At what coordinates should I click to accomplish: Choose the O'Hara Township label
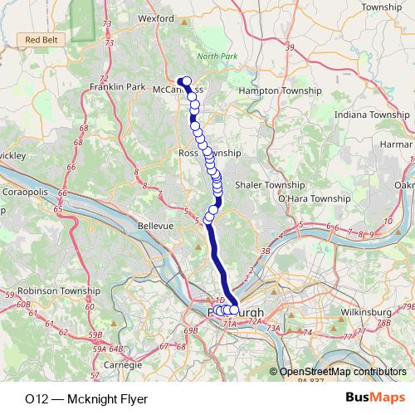click(x=314, y=199)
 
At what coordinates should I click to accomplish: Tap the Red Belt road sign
click(x=41, y=39)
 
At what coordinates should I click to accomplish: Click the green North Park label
click(x=217, y=56)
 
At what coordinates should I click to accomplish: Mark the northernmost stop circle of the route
click(x=187, y=81)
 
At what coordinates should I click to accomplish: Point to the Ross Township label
click(x=209, y=154)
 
